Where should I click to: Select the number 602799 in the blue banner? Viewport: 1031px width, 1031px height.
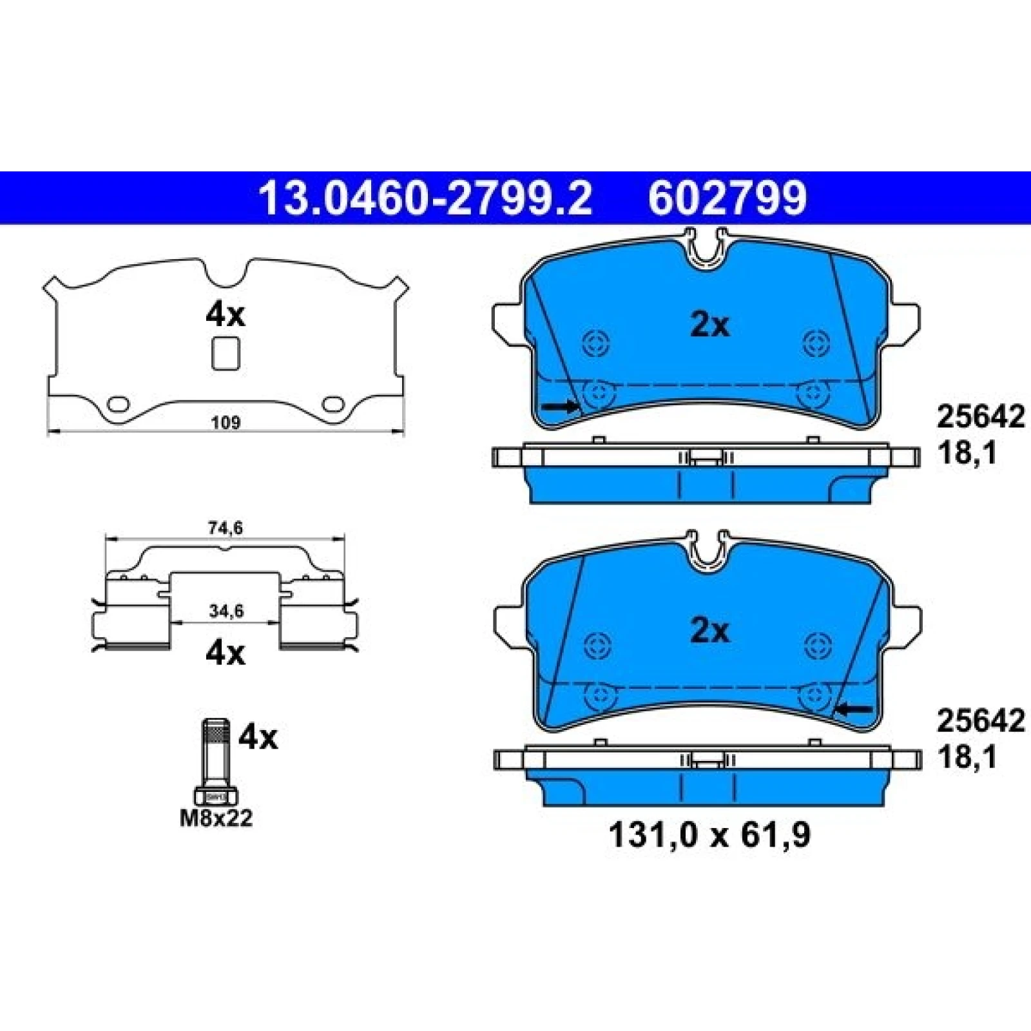click(727, 198)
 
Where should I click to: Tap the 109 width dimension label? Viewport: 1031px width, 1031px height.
click(226, 423)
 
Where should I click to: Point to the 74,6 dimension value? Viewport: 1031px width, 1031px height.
click(225, 528)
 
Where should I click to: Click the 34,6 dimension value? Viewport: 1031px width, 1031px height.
click(226, 611)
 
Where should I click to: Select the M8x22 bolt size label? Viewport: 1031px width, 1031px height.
click(216, 818)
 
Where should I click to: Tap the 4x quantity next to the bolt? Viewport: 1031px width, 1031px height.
click(258, 737)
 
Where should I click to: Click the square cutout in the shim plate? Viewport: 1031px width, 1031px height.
click(226, 354)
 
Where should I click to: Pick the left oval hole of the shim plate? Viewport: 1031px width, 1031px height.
click(118, 404)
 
